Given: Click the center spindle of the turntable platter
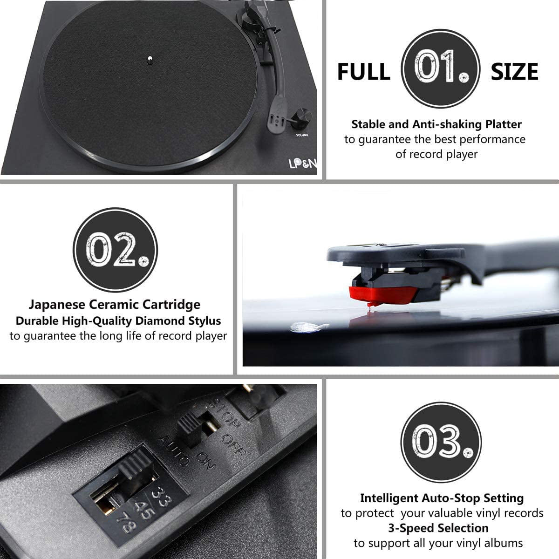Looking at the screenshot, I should tap(150, 59).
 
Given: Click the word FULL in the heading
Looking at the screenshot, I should tap(363, 72).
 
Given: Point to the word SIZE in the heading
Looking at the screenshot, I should tap(514, 72).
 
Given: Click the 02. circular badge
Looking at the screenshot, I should tap(115, 250).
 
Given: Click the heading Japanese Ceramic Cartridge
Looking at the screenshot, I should tap(115, 305).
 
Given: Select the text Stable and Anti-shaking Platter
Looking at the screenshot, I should tap(436, 124).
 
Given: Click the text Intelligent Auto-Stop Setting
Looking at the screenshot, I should tap(442, 498).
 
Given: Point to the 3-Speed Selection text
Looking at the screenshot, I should tap(438, 528).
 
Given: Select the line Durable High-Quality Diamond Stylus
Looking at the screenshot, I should tap(118, 320).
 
